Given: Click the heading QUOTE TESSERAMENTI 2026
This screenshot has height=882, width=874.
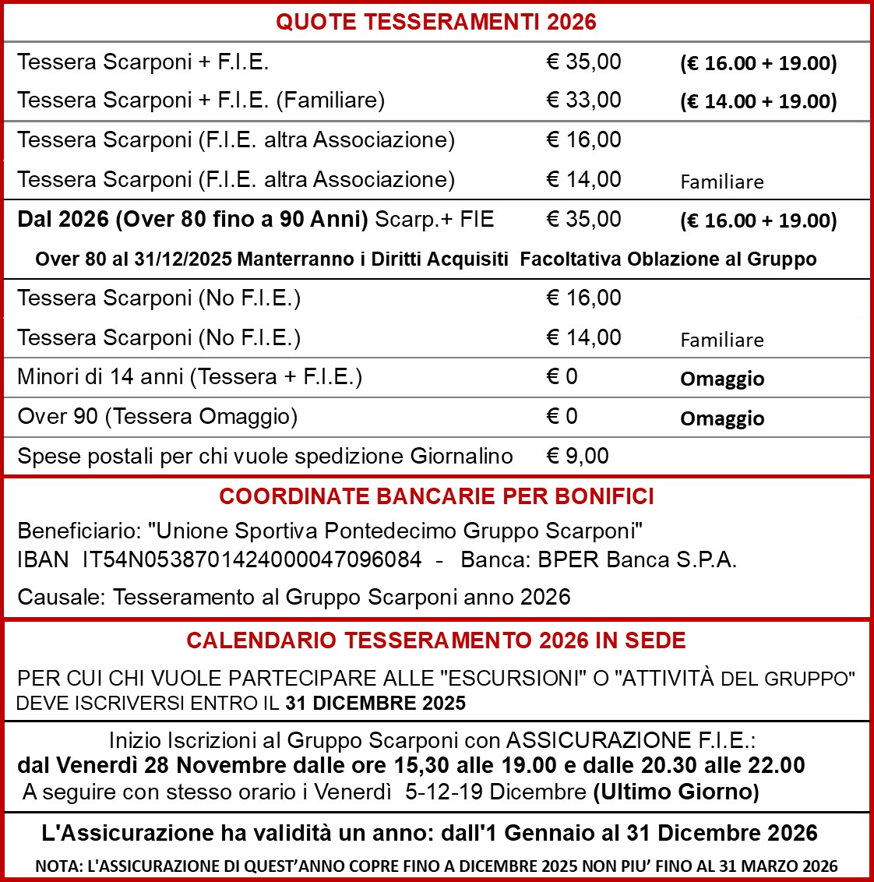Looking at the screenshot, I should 436,22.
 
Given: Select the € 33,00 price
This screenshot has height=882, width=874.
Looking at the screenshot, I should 583,101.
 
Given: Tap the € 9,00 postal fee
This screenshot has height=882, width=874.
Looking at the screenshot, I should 577,456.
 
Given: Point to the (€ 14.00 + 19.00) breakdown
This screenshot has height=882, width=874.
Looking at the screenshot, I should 758,102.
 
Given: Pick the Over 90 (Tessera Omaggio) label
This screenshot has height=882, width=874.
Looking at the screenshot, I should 157,417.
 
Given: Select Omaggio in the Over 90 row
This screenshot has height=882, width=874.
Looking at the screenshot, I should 722,418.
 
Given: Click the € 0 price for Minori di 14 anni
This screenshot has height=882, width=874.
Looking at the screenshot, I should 562,377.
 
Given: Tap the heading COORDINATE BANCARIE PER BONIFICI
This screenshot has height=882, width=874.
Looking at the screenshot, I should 436,497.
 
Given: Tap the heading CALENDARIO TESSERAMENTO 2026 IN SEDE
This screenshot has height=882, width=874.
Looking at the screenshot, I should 436,641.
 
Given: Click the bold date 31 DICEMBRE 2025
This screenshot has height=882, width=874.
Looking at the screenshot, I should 375,704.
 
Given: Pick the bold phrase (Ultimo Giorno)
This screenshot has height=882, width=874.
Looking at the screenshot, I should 676,792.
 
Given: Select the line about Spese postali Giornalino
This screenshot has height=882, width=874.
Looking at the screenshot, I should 265,457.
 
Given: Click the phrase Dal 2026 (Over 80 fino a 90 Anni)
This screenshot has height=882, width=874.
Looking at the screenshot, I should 192,219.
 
